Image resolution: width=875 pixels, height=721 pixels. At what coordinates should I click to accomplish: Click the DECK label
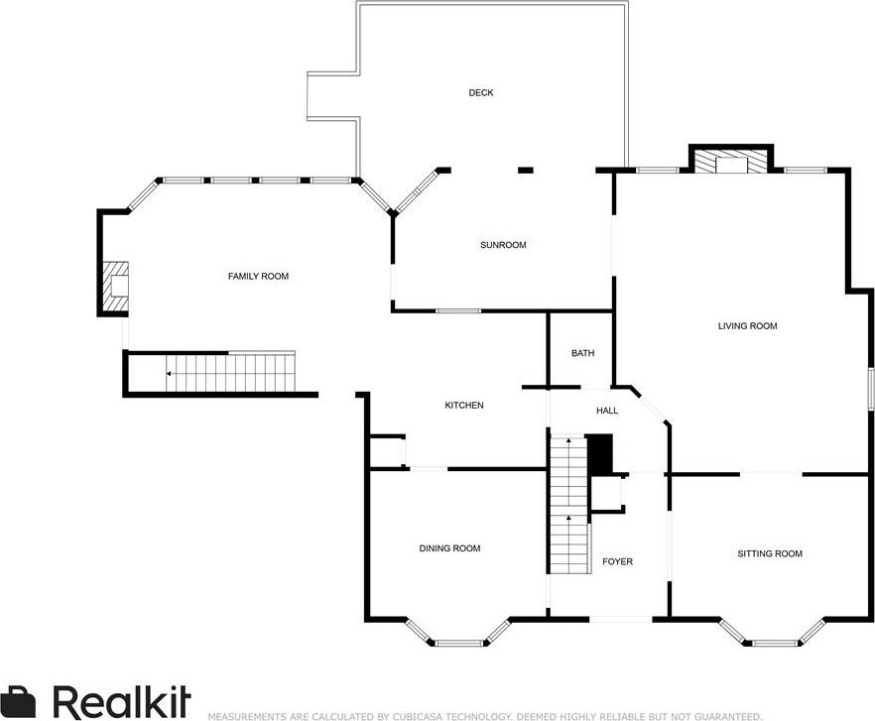click(x=480, y=92)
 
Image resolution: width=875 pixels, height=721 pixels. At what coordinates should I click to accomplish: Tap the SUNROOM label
click(x=503, y=245)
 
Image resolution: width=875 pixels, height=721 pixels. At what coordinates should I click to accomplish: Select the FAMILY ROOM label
click(x=258, y=277)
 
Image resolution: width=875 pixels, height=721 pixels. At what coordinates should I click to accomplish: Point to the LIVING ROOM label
click(x=747, y=326)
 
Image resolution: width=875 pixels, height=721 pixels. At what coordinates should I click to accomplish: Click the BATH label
click(x=582, y=353)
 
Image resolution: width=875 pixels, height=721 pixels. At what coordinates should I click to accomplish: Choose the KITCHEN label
click(x=463, y=406)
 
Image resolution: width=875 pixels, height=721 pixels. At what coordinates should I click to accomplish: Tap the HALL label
click(x=607, y=411)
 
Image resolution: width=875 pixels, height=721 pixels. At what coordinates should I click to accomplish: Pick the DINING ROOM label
click(x=449, y=548)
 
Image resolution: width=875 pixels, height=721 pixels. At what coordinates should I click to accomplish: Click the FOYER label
click(x=617, y=561)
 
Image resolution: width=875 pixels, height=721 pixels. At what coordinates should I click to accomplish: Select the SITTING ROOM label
click(x=770, y=553)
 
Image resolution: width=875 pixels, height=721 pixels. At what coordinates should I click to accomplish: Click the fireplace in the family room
click(x=115, y=287)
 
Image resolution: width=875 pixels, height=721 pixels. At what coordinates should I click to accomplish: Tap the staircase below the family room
click(x=230, y=372)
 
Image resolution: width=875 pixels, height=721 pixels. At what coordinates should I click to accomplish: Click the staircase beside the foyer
click(x=568, y=505)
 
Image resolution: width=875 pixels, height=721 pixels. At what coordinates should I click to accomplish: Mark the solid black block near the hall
click(x=601, y=455)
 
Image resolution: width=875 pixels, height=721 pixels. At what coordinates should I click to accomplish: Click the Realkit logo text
click(x=122, y=701)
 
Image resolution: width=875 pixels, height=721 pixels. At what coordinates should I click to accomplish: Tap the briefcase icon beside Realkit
click(x=17, y=702)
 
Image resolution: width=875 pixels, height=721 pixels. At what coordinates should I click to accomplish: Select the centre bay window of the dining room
click(x=459, y=643)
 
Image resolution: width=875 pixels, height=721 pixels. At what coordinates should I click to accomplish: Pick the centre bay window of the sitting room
click(x=775, y=643)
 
